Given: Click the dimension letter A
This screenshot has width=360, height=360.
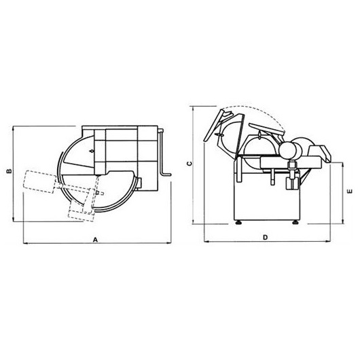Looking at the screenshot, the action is click(95, 240).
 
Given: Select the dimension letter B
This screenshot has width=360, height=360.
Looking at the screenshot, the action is click(9, 171).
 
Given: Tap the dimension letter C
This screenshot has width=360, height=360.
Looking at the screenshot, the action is click(190, 164).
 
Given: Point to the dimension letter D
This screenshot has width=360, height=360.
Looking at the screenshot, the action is click(265, 237).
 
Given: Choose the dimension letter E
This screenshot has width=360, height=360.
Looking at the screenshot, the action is click(350, 191).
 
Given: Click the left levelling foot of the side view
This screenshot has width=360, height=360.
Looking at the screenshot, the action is click(239, 222).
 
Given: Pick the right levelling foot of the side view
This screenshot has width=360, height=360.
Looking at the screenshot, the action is click(295, 222).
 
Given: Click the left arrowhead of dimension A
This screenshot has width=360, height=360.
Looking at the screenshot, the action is click(26, 243).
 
